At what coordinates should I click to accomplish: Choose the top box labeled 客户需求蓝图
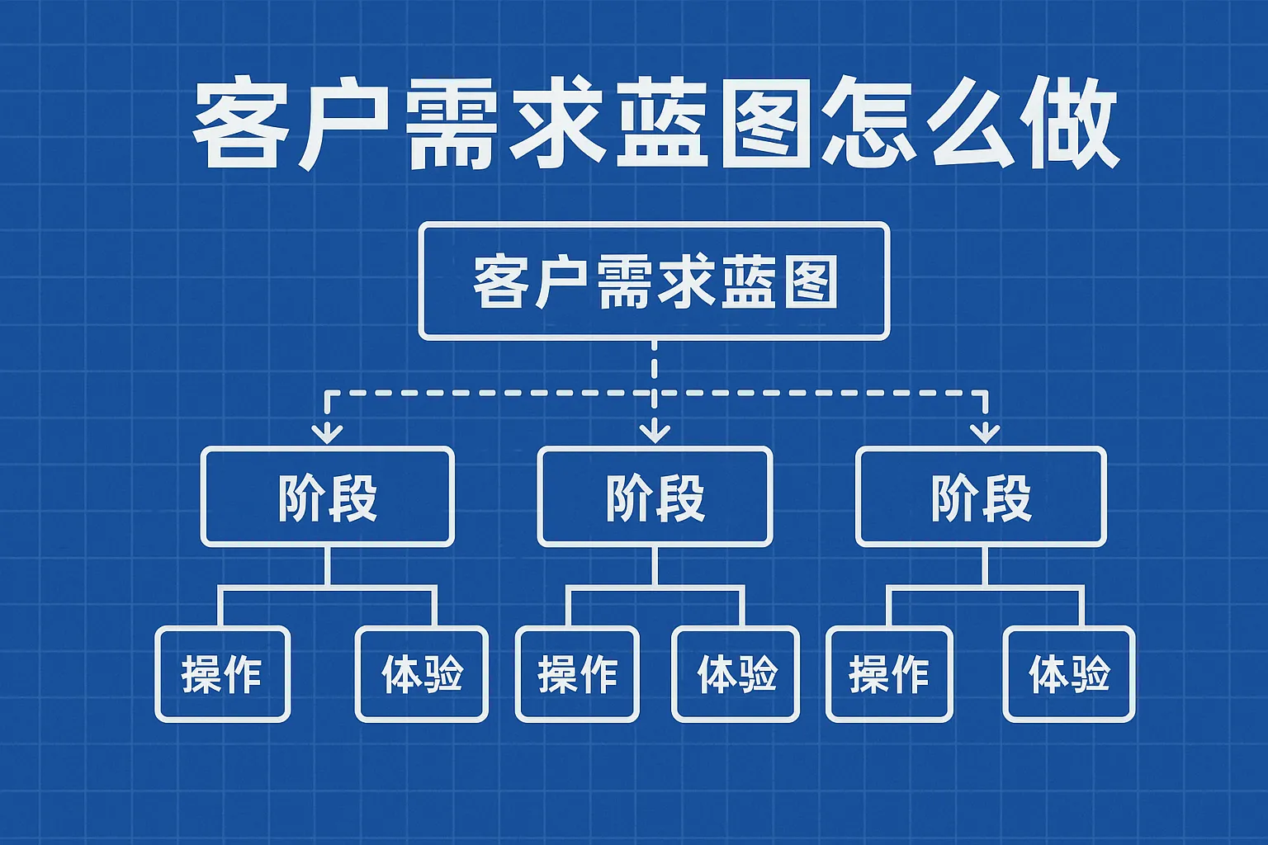[654, 281]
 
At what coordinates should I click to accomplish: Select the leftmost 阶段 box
[328, 497]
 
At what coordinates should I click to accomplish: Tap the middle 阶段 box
[655, 497]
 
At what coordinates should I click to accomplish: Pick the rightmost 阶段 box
[981, 497]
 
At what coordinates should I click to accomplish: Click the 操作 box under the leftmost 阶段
[222, 674]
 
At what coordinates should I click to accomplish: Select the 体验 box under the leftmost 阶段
[422, 674]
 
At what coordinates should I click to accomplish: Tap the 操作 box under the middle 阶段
[578, 674]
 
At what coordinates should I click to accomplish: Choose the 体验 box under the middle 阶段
[736, 674]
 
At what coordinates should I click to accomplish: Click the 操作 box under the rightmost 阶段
[889, 674]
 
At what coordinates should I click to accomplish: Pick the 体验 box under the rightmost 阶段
[1069, 674]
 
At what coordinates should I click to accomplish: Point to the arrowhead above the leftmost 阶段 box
[328, 432]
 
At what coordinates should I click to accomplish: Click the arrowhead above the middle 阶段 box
[655, 431]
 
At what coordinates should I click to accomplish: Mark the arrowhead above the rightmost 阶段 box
[985, 432]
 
